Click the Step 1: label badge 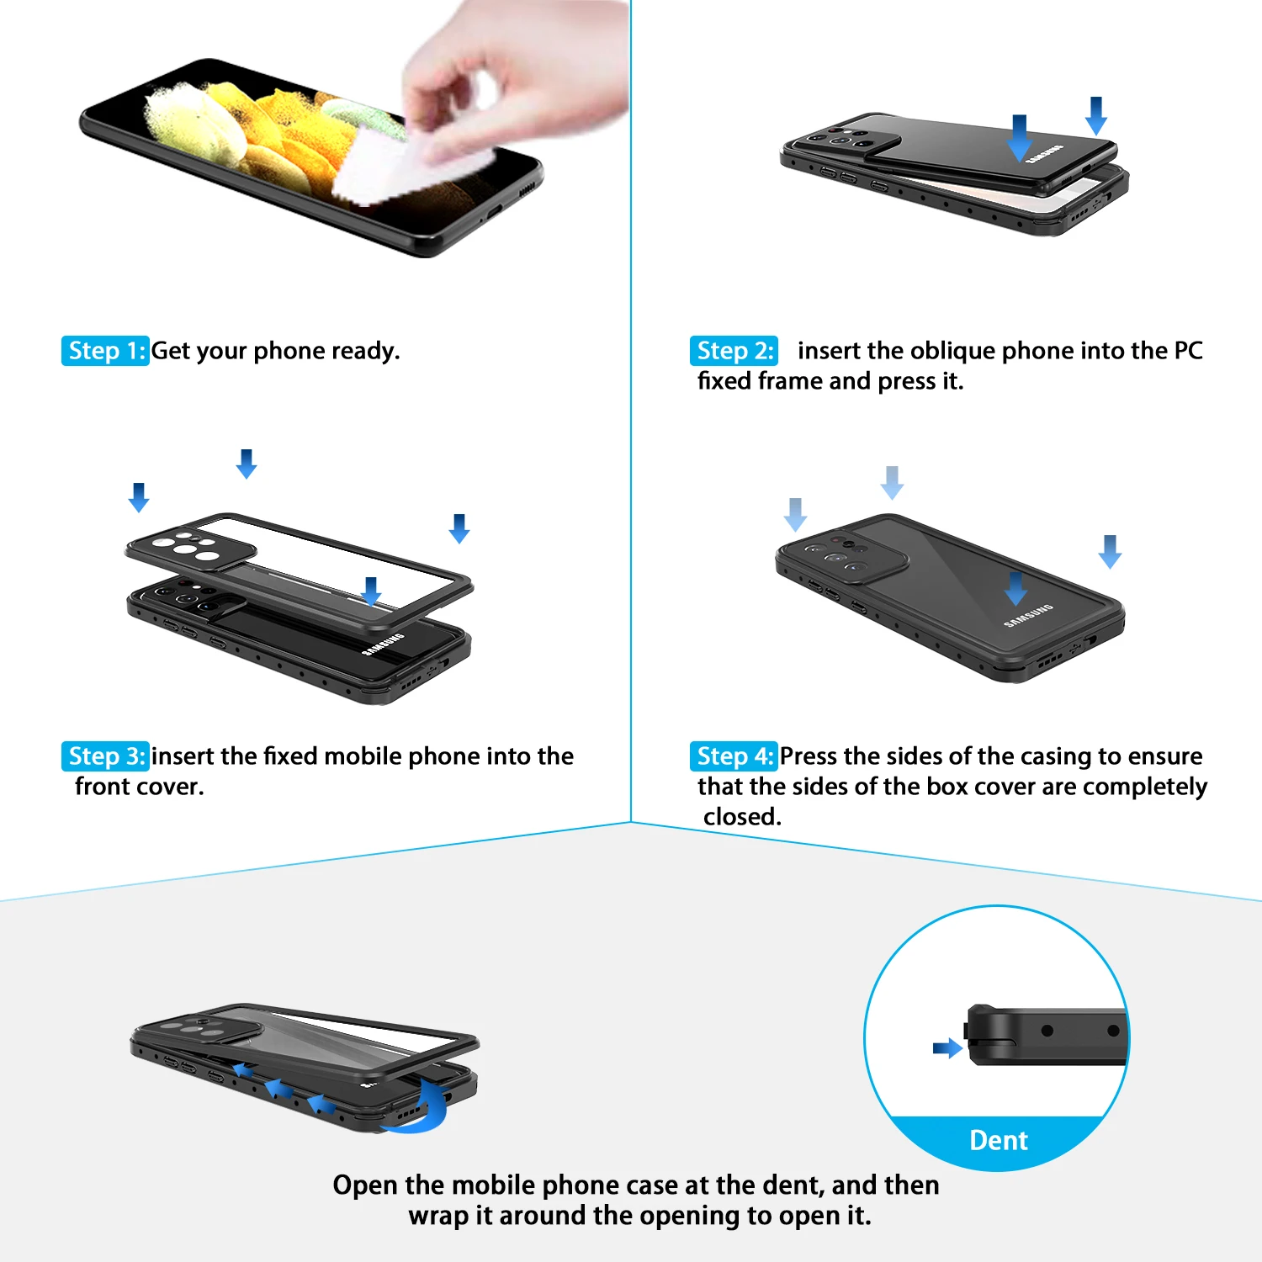(105, 351)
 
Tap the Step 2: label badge (734, 351)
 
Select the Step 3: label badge (105, 756)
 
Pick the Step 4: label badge (734, 756)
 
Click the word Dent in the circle (999, 1141)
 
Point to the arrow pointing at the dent (947, 1048)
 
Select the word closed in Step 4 (741, 817)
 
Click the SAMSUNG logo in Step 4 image (1028, 616)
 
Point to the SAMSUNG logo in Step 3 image (383, 644)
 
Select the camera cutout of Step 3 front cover (189, 548)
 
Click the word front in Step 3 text (103, 787)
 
